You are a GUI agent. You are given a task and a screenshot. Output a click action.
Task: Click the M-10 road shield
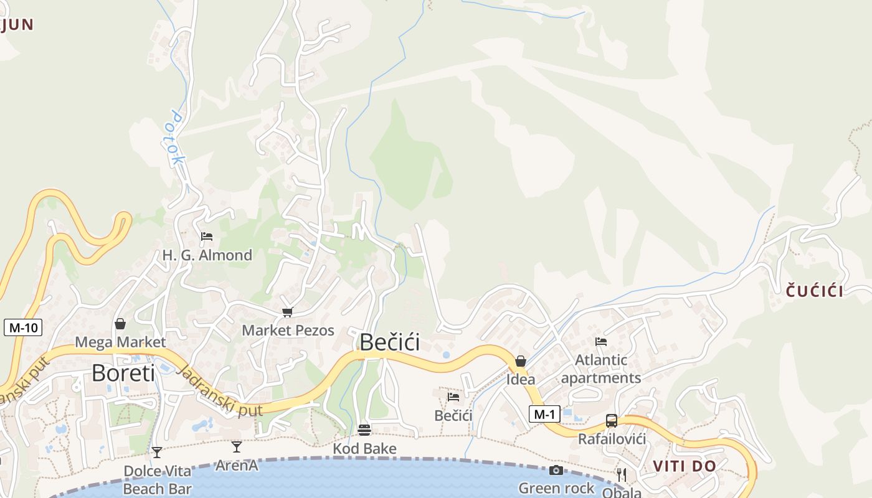click(x=23, y=327)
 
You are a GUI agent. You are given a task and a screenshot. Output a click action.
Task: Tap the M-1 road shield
click(x=544, y=413)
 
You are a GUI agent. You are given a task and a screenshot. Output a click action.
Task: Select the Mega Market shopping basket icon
click(x=120, y=324)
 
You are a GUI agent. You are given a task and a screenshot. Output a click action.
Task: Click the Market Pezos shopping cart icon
click(x=287, y=312)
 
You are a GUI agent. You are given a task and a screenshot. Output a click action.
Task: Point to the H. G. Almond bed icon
click(x=207, y=237)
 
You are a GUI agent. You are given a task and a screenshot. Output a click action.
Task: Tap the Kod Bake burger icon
click(x=364, y=430)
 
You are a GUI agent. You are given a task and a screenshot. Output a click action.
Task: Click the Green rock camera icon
click(x=556, y=470)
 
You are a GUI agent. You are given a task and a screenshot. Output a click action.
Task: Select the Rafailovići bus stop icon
click(x=612, y=421)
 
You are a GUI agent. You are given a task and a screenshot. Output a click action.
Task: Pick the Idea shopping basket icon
click(x=521, y=361)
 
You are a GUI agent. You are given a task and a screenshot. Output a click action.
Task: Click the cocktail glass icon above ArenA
click(x=237, y=446)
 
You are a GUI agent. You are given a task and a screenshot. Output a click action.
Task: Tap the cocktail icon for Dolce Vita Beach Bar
click(x=157, y=452)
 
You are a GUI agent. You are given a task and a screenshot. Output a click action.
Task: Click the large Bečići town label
click(x=390, y=342)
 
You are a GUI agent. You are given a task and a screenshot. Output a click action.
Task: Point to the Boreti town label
click(x=123, y=373)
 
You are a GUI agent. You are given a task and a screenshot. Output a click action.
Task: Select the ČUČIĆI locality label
click(x=814, y=291)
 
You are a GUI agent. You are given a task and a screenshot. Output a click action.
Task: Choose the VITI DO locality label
click(x=685, y=466)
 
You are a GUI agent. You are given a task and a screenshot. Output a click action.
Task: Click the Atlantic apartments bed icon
click(x=601, y=341)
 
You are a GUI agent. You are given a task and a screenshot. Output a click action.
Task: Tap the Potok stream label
click(x=175, y=138)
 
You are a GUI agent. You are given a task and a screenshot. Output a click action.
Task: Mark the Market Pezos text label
click(x=288, y=331)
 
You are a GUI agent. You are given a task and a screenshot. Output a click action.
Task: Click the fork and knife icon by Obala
click(x=621, y=475)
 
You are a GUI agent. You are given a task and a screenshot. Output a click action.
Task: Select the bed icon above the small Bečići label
click(x=453, y=397)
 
